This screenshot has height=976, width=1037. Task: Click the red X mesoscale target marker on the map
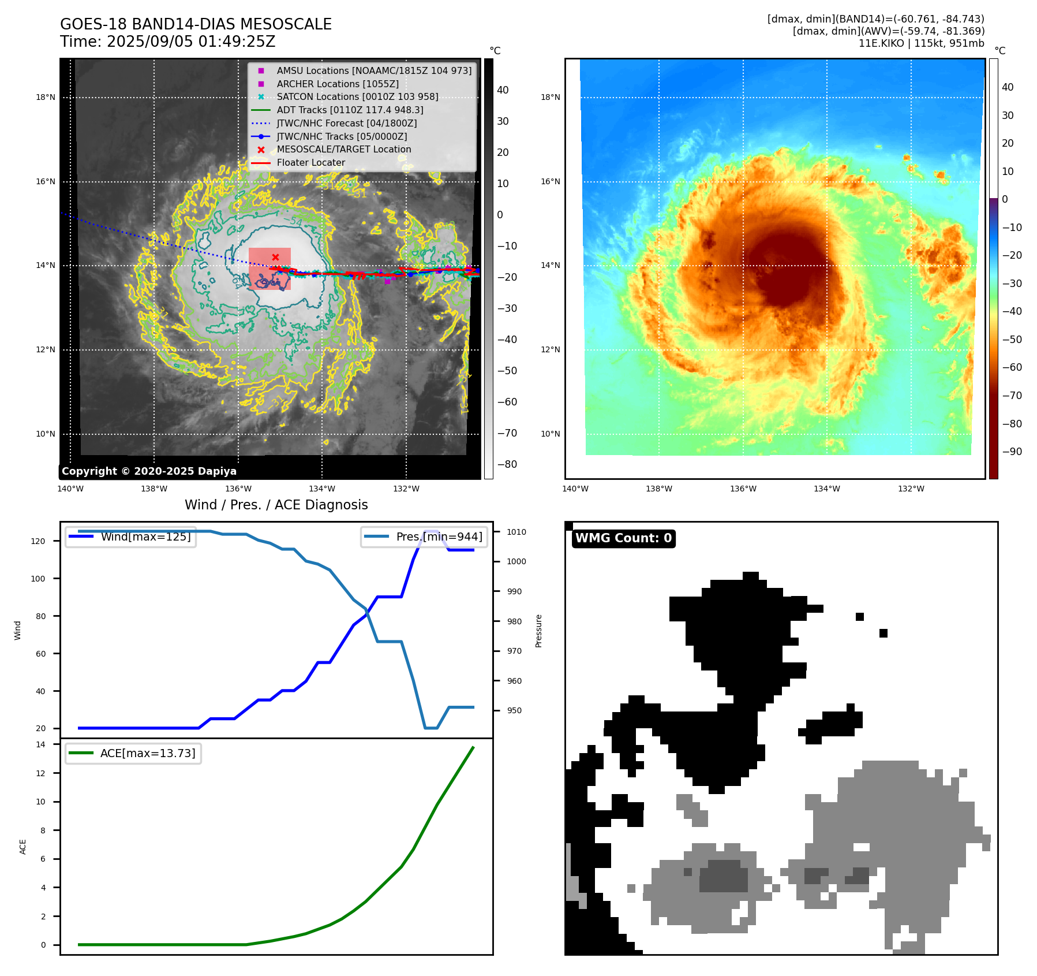point(275,257)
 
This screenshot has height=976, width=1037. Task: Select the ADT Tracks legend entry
point(350,110)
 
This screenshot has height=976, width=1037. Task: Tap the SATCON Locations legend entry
point(357,96)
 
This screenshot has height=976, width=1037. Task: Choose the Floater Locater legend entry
point(310,163)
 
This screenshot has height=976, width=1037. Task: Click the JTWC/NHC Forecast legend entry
point(346,123)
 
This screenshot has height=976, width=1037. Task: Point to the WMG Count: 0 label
point(623,538)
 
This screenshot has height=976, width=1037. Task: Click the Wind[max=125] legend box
point(131,537)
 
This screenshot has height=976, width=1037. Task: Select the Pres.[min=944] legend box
point(424,537)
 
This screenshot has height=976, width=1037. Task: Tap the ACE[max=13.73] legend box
point(133,753)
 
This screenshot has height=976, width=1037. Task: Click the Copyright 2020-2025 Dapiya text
point(149,471)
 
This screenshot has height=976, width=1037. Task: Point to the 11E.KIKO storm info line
point(921,43)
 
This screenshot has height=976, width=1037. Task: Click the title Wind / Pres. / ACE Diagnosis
point(276,505)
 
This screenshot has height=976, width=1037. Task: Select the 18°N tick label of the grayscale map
point(46,97)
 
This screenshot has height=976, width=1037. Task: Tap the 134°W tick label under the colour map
point(826,489)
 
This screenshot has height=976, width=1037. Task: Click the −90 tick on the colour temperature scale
point(1012,452)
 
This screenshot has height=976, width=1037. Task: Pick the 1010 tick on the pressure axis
point(516,532)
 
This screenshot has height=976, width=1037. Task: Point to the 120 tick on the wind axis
point(38,541)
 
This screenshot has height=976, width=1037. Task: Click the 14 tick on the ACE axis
point(40,744)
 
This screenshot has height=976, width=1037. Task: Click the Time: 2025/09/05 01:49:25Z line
point(167,42)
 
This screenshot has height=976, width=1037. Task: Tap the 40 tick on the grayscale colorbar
point(503,90)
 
